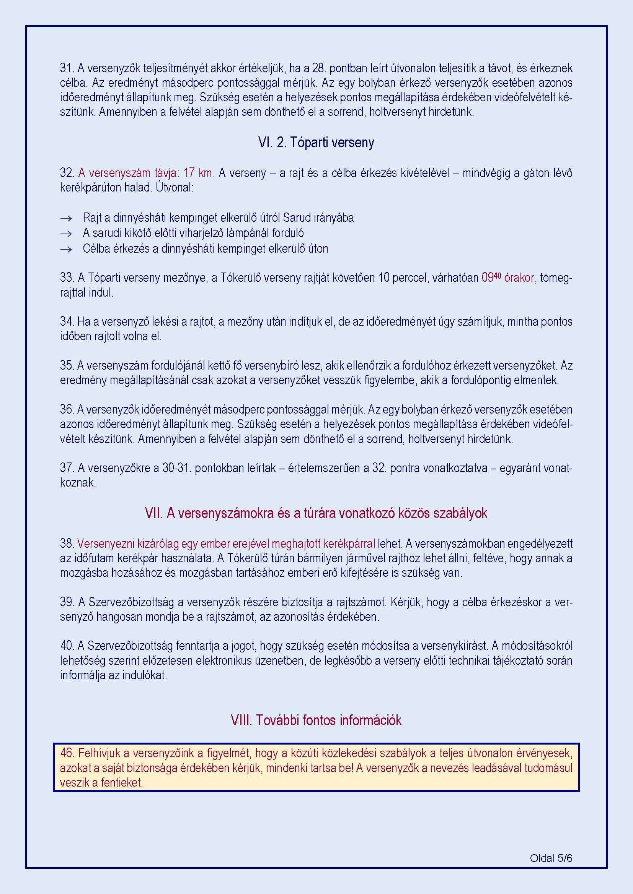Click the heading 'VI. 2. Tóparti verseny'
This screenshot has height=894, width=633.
click(316, 143)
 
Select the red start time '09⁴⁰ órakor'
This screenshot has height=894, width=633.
click(509, 277)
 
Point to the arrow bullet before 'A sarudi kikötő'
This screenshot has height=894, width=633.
click(67, 234)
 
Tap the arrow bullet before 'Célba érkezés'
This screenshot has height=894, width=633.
click(67, 250)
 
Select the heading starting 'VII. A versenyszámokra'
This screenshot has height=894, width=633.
click(316, 513)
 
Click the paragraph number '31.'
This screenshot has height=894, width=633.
click(67, 68)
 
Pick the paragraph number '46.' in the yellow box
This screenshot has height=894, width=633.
click(67, 753)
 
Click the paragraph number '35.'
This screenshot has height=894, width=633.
click(67, 365)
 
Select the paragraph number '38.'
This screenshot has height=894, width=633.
click(67, 544)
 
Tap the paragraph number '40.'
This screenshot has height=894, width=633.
click(67, 646)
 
